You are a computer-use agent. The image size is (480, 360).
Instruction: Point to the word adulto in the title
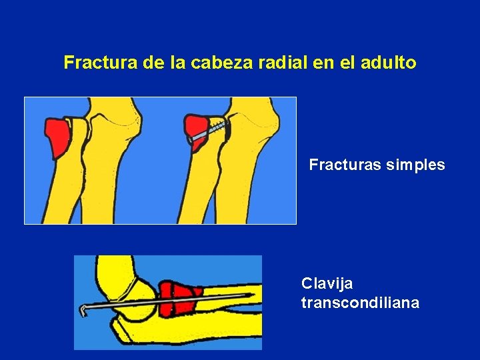click(389, 63)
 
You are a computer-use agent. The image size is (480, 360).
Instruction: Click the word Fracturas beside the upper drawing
click(345, 165)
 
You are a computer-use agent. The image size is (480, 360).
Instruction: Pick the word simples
click(415, 165)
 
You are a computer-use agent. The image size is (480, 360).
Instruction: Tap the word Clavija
click(327, 284)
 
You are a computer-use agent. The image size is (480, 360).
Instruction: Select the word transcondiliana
click(360, 303)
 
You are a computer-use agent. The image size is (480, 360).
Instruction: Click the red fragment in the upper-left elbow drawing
click(59, 136)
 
